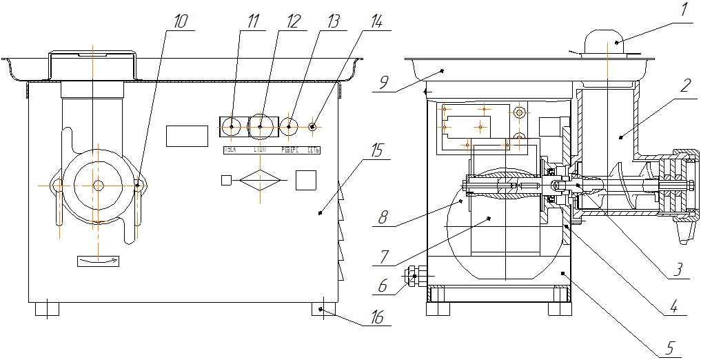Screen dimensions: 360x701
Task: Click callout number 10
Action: pos(179,21)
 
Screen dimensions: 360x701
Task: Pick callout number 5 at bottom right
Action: pos(667,349)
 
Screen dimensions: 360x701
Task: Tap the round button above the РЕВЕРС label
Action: pos(289,126)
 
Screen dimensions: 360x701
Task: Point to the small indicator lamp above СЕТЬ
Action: pos(313,126)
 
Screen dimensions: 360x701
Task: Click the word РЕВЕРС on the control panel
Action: pos(289,150)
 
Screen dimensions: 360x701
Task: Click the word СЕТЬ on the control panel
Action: pos(314,150)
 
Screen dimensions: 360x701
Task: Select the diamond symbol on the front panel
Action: pos(260,180)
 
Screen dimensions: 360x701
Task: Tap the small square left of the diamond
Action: pos(226,180)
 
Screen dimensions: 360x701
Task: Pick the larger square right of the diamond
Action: pos(305,180)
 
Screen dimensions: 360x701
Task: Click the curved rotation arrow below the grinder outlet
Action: pos(99,260)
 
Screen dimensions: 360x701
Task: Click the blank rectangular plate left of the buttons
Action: pos(187,136)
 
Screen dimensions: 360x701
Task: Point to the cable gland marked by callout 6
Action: pos(413,277)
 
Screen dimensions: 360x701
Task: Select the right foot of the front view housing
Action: pos(325,309)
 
